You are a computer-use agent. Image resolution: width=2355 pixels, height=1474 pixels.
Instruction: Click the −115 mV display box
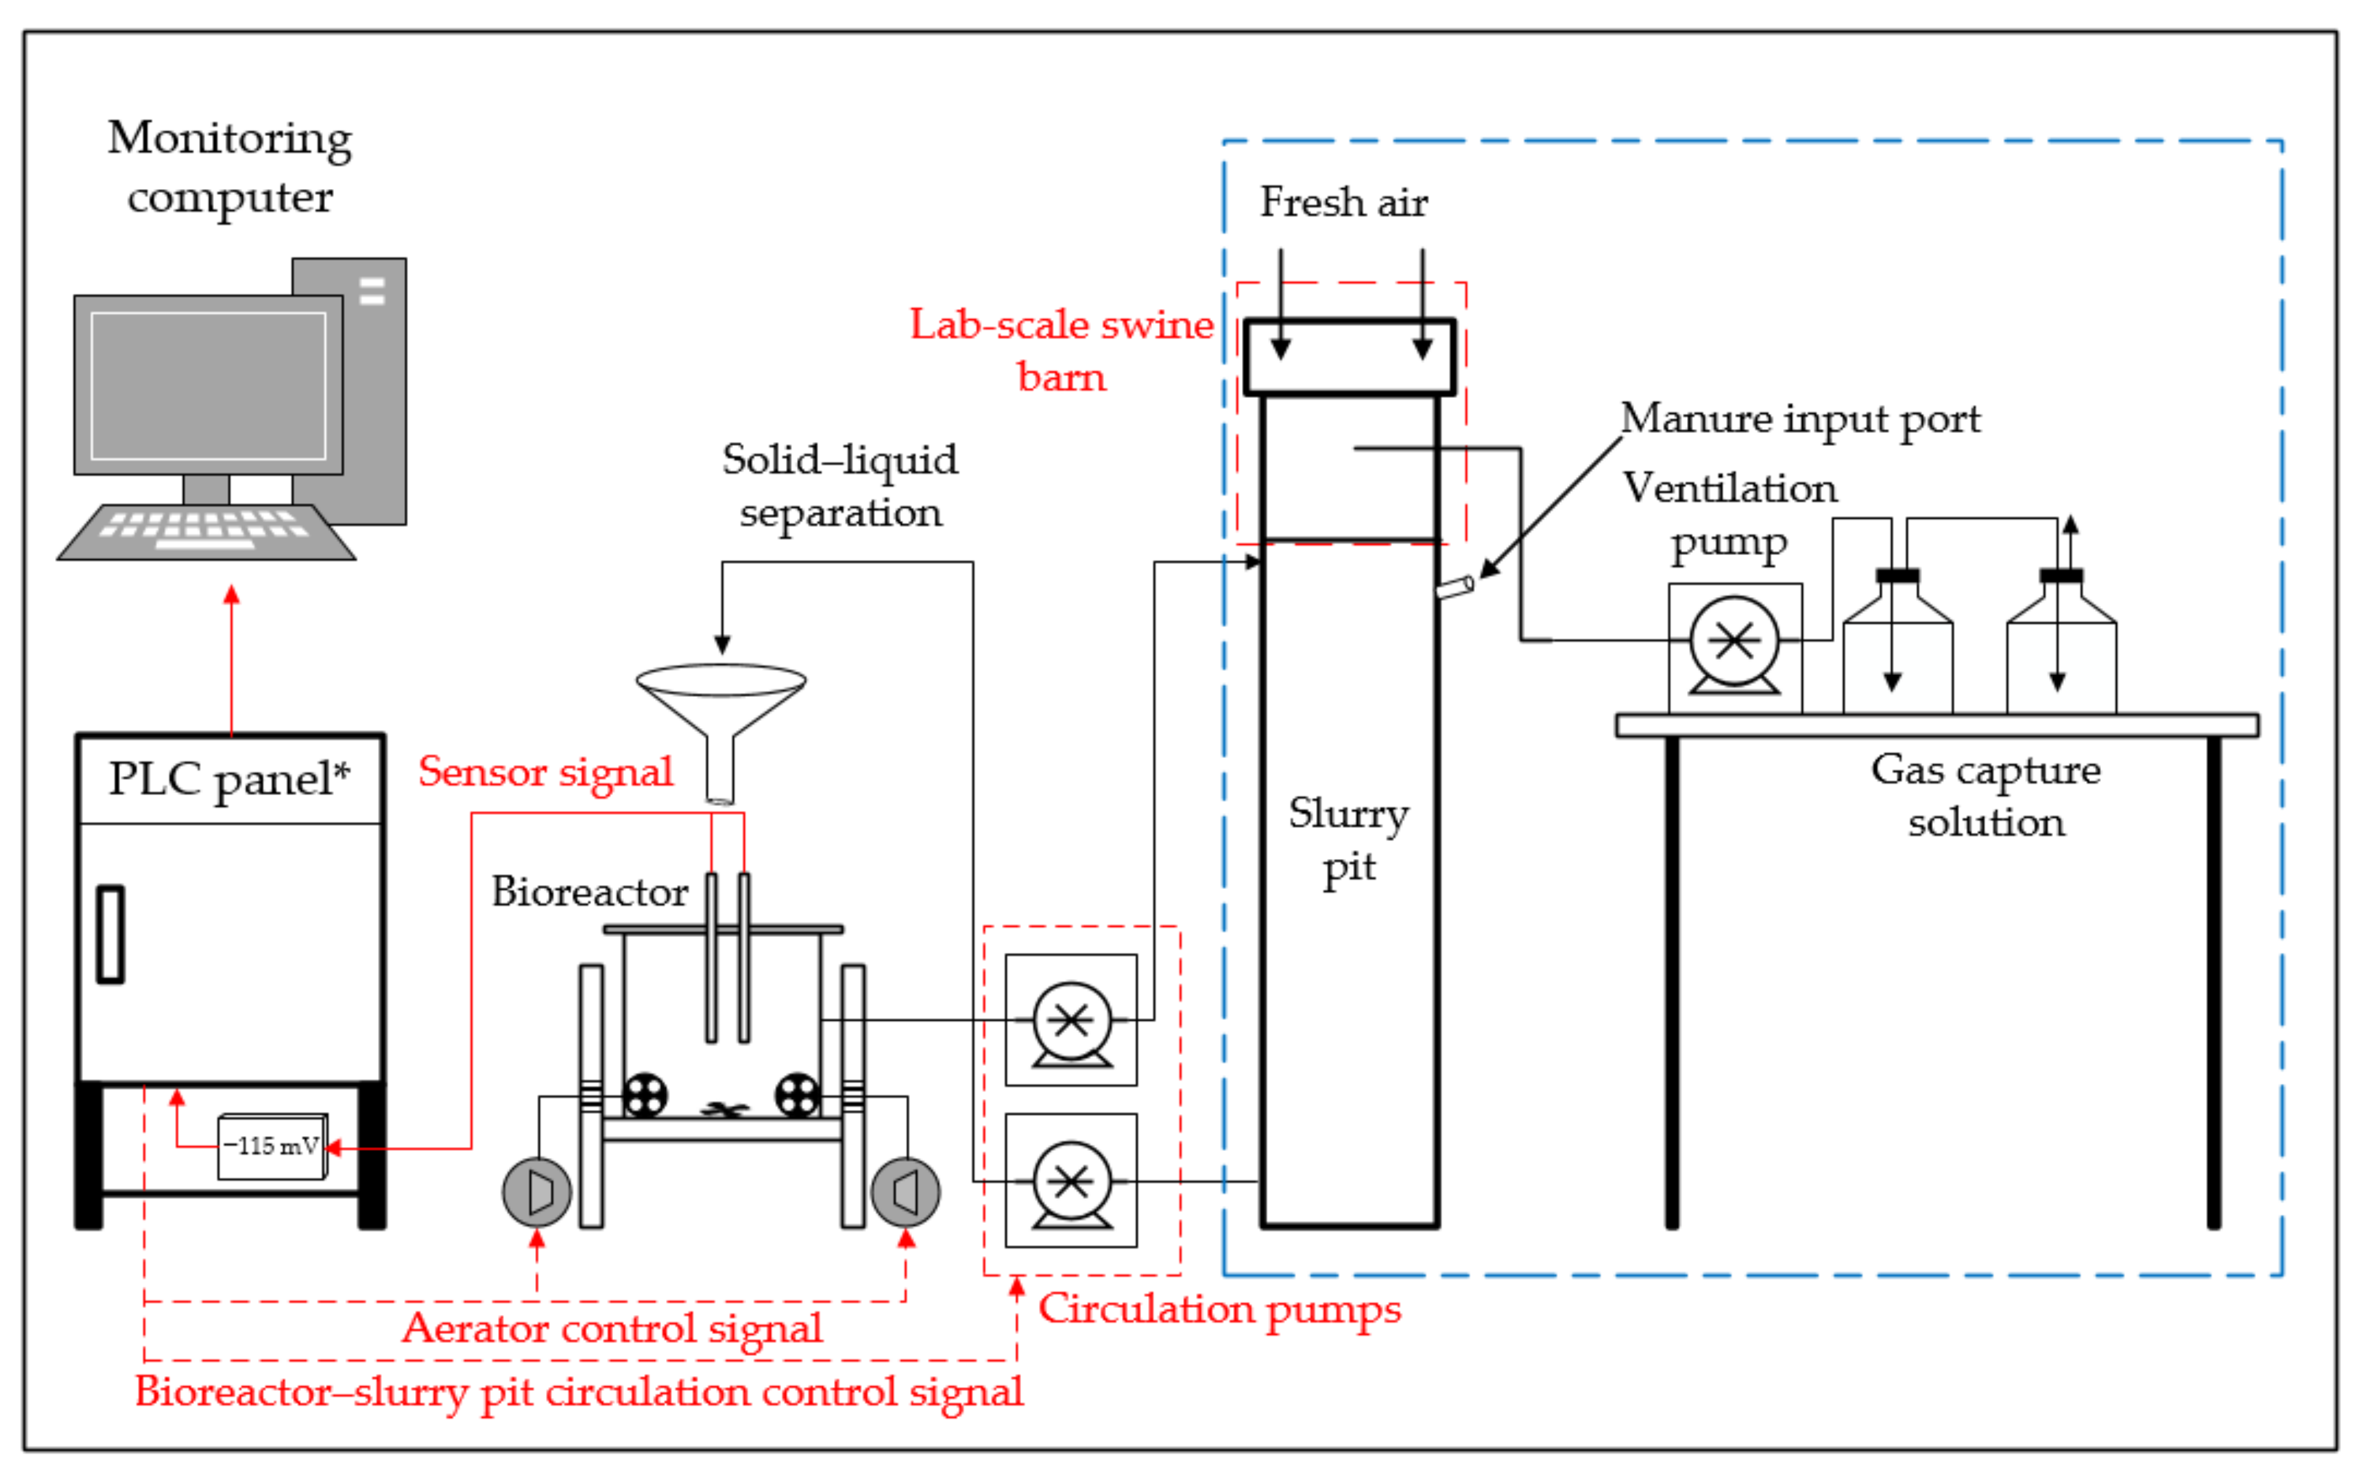click(272, 1146)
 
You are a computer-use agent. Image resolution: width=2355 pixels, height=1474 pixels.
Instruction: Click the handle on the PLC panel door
click(110, 934)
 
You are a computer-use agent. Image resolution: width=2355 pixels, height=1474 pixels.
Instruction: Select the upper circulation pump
click(1071, 1021)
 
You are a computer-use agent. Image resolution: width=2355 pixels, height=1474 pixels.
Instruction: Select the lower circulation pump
click(1071, 1181)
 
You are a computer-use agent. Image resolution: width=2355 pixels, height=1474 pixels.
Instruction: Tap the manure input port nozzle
click(1455, 587)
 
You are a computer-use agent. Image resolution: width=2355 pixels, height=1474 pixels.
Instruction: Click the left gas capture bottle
click(1897, 643)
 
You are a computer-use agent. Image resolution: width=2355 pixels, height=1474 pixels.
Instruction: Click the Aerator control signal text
click(612, 1328)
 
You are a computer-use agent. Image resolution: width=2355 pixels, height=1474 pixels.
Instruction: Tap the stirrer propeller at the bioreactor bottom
click(723, 1109)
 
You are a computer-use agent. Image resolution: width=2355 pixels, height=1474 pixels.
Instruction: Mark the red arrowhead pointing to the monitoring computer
click(231, 595)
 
